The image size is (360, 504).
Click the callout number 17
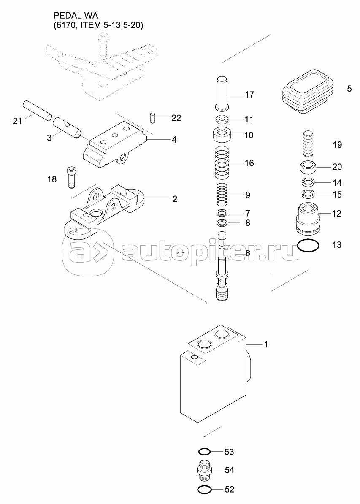pos(249,95)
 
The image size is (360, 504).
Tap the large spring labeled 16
pos(222,163)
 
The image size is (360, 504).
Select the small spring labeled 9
pos(222,195)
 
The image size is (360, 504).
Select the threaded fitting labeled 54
pos(205,470)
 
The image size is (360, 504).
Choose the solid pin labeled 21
pos(37,110)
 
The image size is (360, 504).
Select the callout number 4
pos(174,140)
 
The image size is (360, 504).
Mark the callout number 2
pos(175,199)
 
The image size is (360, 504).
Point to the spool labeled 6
pos(222,267)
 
